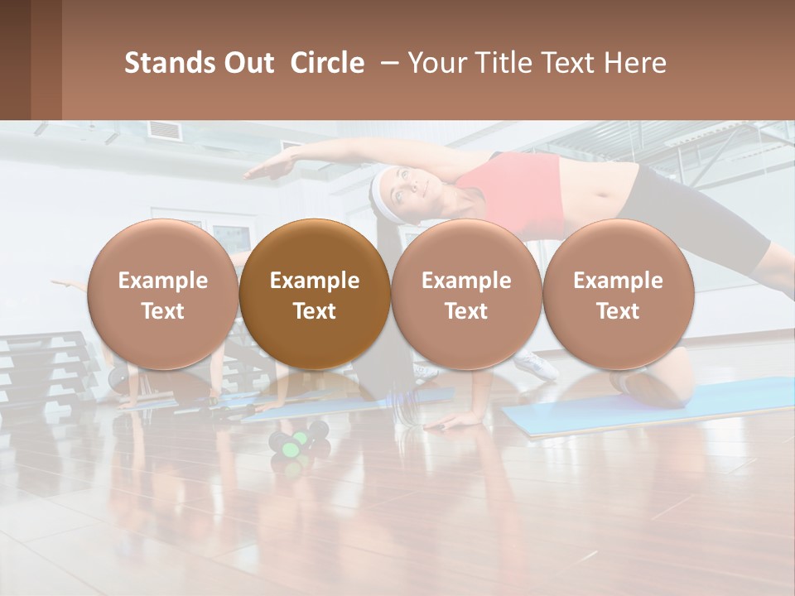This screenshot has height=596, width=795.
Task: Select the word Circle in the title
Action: point(327,63)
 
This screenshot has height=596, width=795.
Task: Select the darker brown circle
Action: point(315,295)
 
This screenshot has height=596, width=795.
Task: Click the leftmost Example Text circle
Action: point(163,295)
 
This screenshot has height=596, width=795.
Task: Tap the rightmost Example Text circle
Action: point(618,295)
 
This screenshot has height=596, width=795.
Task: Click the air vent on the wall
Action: point(164,130)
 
